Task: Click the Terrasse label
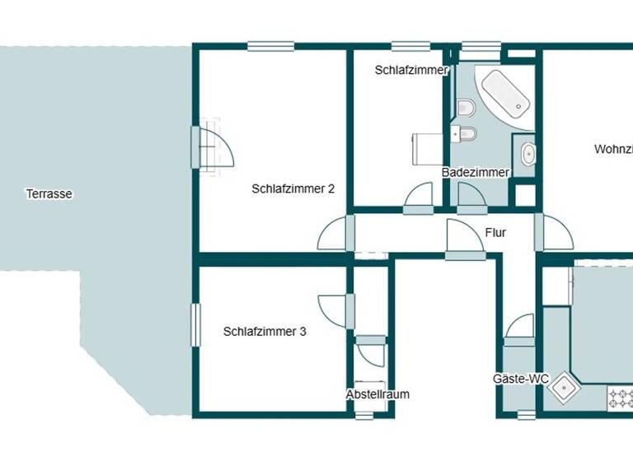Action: click(49, 194)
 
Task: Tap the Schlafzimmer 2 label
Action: click(293, 189)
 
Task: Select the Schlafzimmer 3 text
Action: click(265, 332)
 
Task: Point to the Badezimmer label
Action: click(476, 172)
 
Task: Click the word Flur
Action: click(495, 233)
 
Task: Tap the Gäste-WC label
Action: click(521, 379)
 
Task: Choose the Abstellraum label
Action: click(377, 394)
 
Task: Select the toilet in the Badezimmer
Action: click(466, 107)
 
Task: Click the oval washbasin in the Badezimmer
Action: click(527, 154)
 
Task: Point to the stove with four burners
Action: click(620, 399)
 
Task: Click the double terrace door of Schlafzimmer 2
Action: click(213, 148)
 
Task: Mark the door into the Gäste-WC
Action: click(520, 327)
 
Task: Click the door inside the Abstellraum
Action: click(371, 353)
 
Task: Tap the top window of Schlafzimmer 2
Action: click(270, 47)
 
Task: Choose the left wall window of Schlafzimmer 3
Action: click(196, 325)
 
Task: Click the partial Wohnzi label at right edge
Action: click(613, 150)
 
